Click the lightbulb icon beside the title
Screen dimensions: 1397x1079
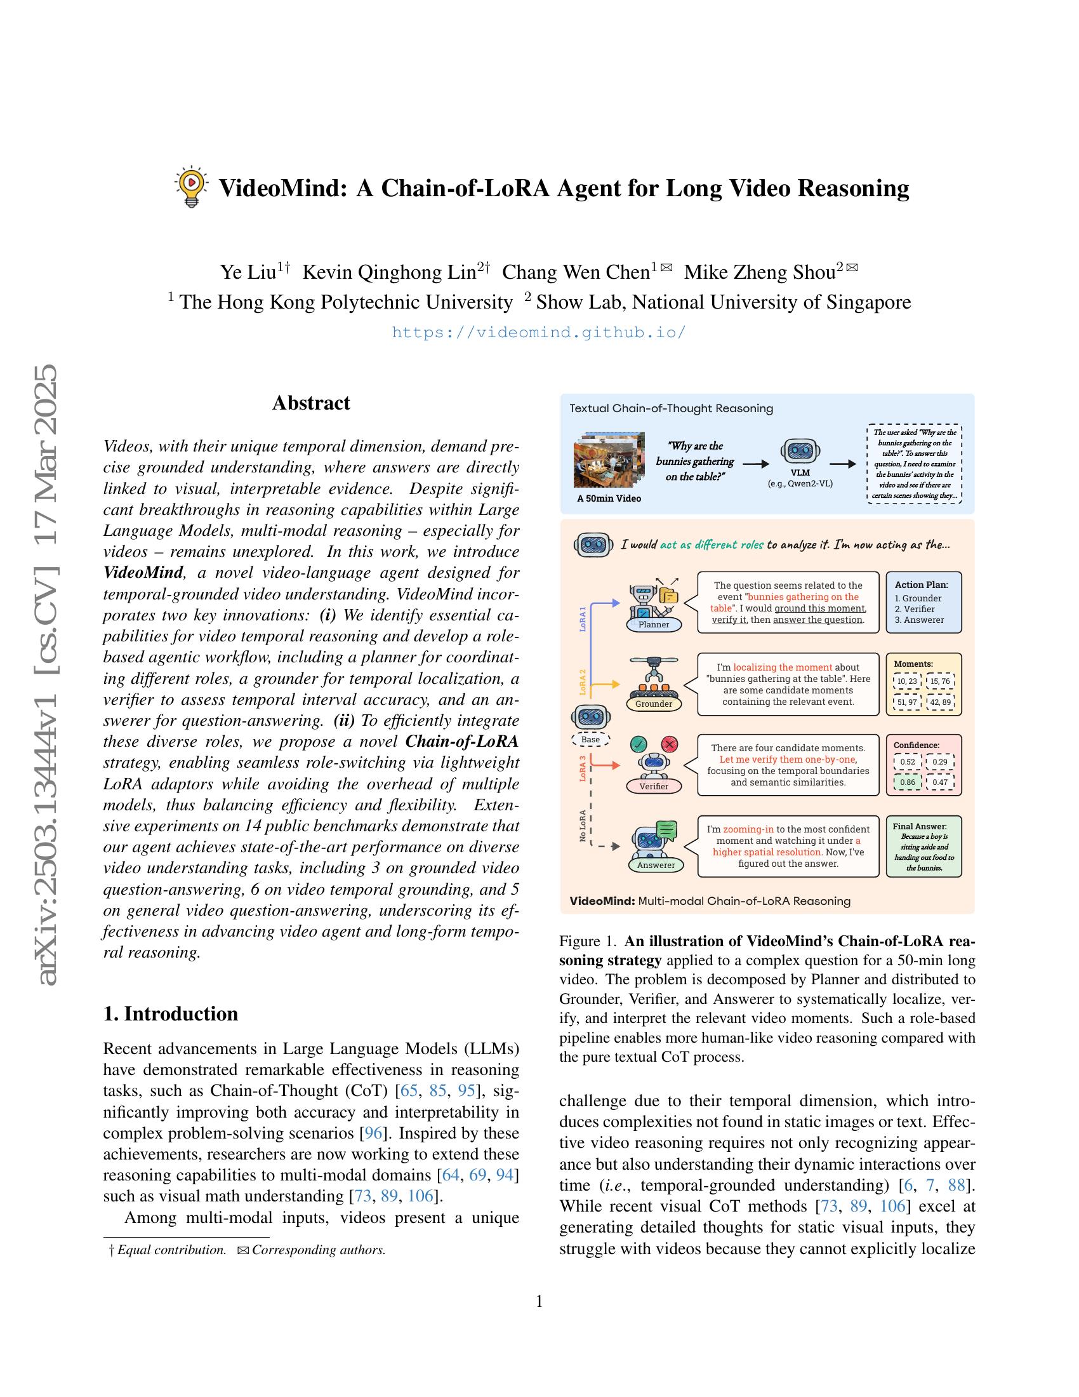tap(190, 187)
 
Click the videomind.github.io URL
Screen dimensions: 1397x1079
tap(538, 332)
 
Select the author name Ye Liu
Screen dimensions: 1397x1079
tap(248, 272)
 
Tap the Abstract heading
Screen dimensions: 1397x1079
tap(310, 403)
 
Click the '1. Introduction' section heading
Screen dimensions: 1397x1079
tap(171, 1014)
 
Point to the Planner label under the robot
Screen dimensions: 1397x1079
tap(653, 624)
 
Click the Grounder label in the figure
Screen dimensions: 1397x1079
tap(653, 704)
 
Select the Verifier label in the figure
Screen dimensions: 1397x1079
tap(653, 786)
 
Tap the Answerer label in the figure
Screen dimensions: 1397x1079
tap(656, 865)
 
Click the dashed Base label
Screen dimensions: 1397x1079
tap(590, 739)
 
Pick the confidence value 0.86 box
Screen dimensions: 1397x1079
tap(907, 782)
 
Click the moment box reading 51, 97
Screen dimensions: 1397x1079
tap(907, 702)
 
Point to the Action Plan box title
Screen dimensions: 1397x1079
tap(921, 585)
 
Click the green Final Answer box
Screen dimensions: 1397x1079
tap(923, 846)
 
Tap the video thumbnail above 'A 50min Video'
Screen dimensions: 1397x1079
tap(604, 459)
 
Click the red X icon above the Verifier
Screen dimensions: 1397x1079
tap(669, 744)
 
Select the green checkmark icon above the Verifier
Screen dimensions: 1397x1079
tap(639, 744)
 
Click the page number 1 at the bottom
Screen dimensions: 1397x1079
tap(539, 1302)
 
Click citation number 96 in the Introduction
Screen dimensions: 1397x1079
tap(373, 1133)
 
